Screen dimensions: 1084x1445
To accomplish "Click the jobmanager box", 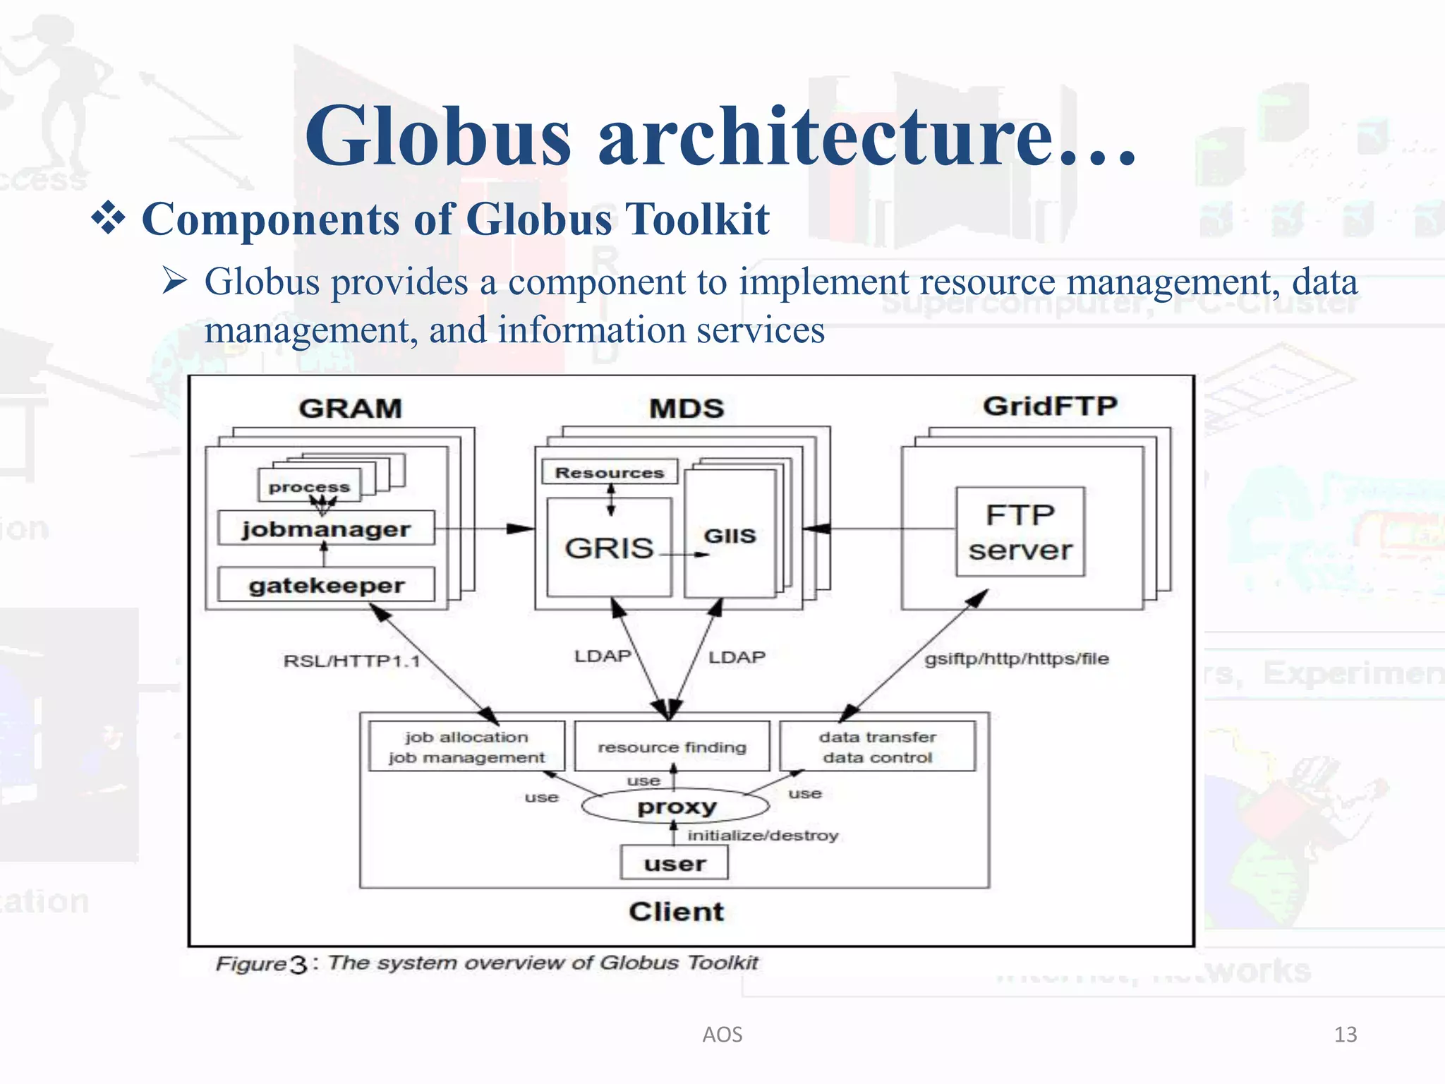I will click(x=326, y=529).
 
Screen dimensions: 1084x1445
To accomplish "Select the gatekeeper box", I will click(x=326, y=585).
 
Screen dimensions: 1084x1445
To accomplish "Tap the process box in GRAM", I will click(x=309, y=486).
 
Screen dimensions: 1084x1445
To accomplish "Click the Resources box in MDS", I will click(x=610, y=472).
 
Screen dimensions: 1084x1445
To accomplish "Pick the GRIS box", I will click(x=610, y=548).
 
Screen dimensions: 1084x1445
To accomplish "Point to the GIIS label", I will click(x=730, y=536).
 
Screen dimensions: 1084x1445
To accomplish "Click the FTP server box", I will click(x=1020, y=532).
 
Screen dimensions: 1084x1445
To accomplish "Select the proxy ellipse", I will click(x=676, y=806).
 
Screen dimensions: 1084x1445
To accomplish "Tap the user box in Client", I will click(x=675, y=863).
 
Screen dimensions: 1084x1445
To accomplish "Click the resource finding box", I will click(x=672, y=747).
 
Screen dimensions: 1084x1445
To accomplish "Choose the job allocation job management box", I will click(x=466, y=747).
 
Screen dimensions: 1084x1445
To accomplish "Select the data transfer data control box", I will click(x=877, y=747).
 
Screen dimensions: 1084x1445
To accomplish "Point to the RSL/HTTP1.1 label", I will click(x=351, y=661).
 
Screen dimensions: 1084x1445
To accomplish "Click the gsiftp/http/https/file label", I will click(x=1017, y=658).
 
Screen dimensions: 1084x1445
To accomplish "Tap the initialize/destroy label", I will click(x=763, y=836).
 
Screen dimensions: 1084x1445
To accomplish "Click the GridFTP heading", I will click(x=1050, y=406).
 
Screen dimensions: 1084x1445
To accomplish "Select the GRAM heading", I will click(x=350, y=408).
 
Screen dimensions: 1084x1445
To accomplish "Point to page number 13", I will click(x=1345, y=1035).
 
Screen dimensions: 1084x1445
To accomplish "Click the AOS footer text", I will click(x=722, y=1035).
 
